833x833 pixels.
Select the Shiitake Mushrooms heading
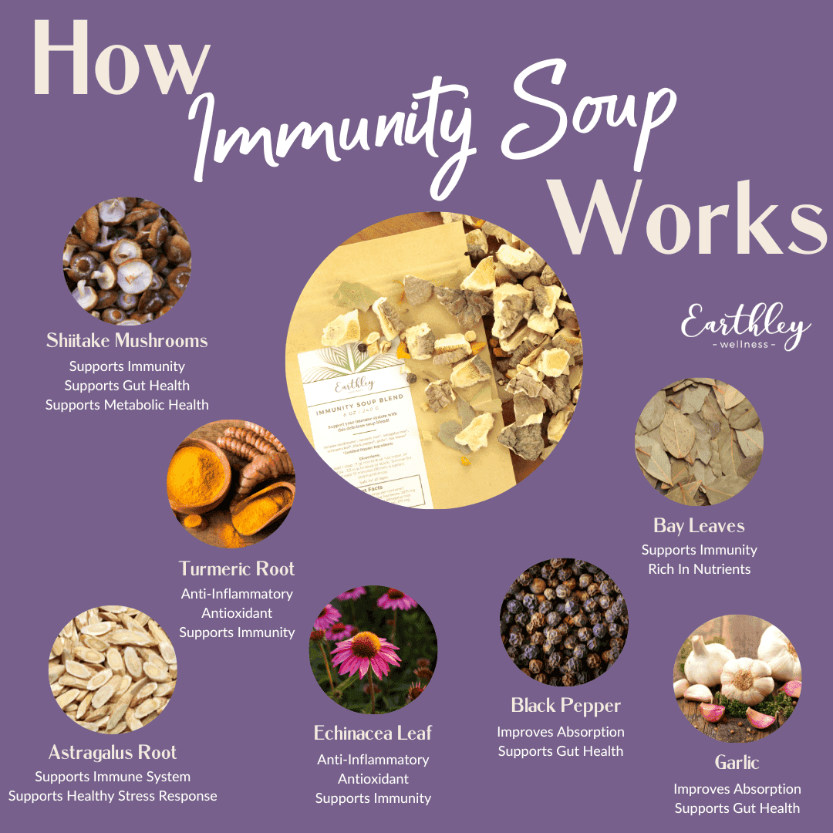[x=126, y=340]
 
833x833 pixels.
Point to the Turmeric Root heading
[x=237, y=569]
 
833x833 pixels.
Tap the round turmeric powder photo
[x=231, y=484]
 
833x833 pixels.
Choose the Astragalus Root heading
[x=113, y=753]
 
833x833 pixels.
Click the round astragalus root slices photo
[x=113, y=669]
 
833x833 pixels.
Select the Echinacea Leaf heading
[x=373, y=733]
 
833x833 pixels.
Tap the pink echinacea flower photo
[x=373, y=649]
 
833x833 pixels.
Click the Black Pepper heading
[x=565, y=706]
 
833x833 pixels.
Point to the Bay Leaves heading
[x=699, y=526]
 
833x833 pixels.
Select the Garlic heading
[x=737, y=763]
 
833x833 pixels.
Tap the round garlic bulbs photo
[x=737, y=679]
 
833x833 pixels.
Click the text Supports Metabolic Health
[x=126, y=405]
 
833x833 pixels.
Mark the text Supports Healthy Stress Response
[x=113, y=796]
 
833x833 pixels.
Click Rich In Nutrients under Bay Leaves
[x=699, y=569]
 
